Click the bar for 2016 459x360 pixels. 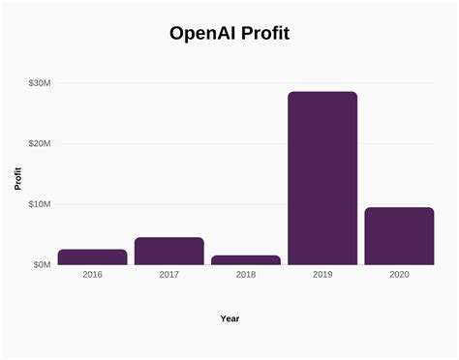tap(92, 256)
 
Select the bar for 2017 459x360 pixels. tap(168, 251)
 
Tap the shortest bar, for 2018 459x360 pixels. tap(245, 259)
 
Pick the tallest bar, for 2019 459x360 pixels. tap(322, 178)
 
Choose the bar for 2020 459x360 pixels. tap(399, 235)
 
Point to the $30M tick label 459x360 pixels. tap(40, 83)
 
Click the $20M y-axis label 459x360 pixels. tap(40, 143)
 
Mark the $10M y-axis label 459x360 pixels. tap(40, 204)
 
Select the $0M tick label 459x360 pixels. tap(42, 264)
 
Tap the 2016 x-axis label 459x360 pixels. tap(92, 275)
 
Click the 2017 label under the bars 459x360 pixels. tap(168, 275)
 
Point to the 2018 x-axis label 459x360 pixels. tap(245, 275)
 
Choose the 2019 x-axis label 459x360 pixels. tap(322, 275)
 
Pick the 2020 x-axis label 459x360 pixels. tap(399, 275)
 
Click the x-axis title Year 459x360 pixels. tap(229, 318)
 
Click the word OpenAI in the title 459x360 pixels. tap(201, 34)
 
